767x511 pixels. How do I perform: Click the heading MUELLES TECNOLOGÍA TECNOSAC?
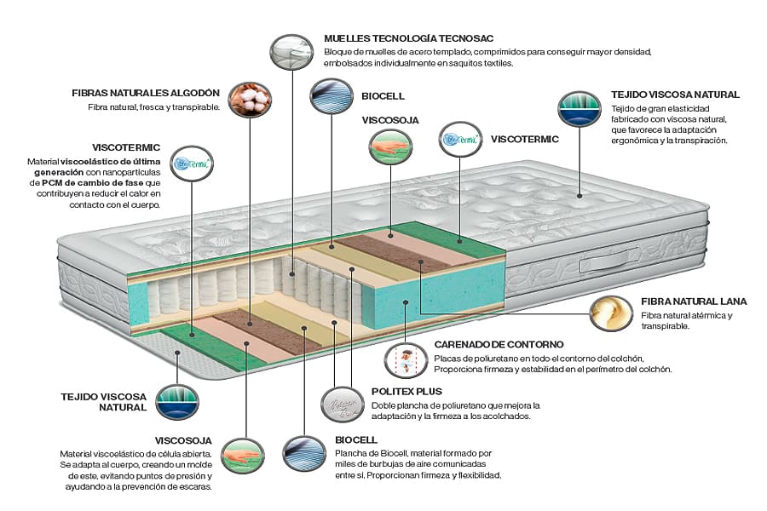click(409, 39)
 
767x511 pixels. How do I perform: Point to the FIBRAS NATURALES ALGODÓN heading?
click(147, 93)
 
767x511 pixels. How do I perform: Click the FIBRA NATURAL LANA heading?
click(694, 301)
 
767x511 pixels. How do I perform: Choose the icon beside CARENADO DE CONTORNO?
click(406, 359)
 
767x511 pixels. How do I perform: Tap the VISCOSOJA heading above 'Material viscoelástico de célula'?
click(183, 440)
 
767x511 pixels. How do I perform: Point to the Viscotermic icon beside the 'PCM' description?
click(193, 162)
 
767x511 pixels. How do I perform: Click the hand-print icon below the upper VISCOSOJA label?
click(390, 146)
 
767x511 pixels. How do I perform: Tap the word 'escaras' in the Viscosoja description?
click(192, 487)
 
